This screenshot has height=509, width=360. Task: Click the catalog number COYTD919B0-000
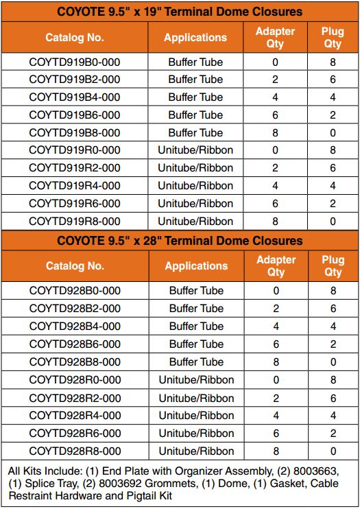click(75, 62)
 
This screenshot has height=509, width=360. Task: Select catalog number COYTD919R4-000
click(75, 185)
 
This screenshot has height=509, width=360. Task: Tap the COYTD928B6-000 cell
click(75, 344)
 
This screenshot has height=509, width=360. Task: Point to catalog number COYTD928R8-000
click(75, 451)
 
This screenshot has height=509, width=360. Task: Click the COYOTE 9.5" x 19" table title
click(180, 12)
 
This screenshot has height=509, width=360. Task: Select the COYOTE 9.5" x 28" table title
click(180, 241)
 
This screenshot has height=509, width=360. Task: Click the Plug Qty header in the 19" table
click(333, 38)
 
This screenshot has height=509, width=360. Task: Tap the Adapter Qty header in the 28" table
click(276, 266)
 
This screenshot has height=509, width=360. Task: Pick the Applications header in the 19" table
click(195, 38)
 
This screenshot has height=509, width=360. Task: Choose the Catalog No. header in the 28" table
click(75, 266)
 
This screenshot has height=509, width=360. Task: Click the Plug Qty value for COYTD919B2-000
click(333, 80)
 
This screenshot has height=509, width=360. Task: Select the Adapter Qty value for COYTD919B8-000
click(276, 132)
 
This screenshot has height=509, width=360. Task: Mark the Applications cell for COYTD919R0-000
click(195, 150)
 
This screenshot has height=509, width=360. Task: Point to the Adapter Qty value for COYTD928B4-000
click(276, 327)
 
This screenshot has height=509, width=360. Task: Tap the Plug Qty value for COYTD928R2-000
click(333, 398)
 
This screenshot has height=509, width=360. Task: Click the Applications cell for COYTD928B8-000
click(196, 362)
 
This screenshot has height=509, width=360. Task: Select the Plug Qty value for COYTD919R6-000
click(333, 203)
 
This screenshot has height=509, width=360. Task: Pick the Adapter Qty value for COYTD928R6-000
click(276, 434)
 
